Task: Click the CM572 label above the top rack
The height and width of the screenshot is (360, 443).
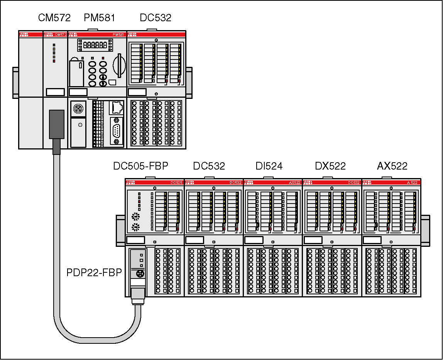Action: [54, 18]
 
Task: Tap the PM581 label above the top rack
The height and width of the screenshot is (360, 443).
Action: [99, 18]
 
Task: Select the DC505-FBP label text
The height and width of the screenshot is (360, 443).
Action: [140, 166]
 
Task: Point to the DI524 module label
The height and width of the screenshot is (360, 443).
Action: [269, 166]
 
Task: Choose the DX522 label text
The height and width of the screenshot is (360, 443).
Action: [330, 166]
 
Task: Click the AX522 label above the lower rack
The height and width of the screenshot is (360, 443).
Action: [392, 166]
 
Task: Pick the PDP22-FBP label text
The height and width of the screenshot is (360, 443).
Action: [94, 273]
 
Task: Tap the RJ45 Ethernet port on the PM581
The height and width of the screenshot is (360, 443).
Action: [117, 107]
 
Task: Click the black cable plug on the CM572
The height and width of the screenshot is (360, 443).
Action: [57, 124]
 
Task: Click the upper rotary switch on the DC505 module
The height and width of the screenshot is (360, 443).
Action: [135, 216]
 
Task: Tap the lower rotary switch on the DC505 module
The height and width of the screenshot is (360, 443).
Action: [135, 227]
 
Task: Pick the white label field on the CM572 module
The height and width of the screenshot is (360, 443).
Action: [55, 92]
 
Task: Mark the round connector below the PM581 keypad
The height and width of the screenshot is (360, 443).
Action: [79, 109]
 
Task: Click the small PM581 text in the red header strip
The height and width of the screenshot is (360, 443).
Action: [118, 35]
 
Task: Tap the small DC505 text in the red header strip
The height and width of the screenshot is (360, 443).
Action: [176, 182]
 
